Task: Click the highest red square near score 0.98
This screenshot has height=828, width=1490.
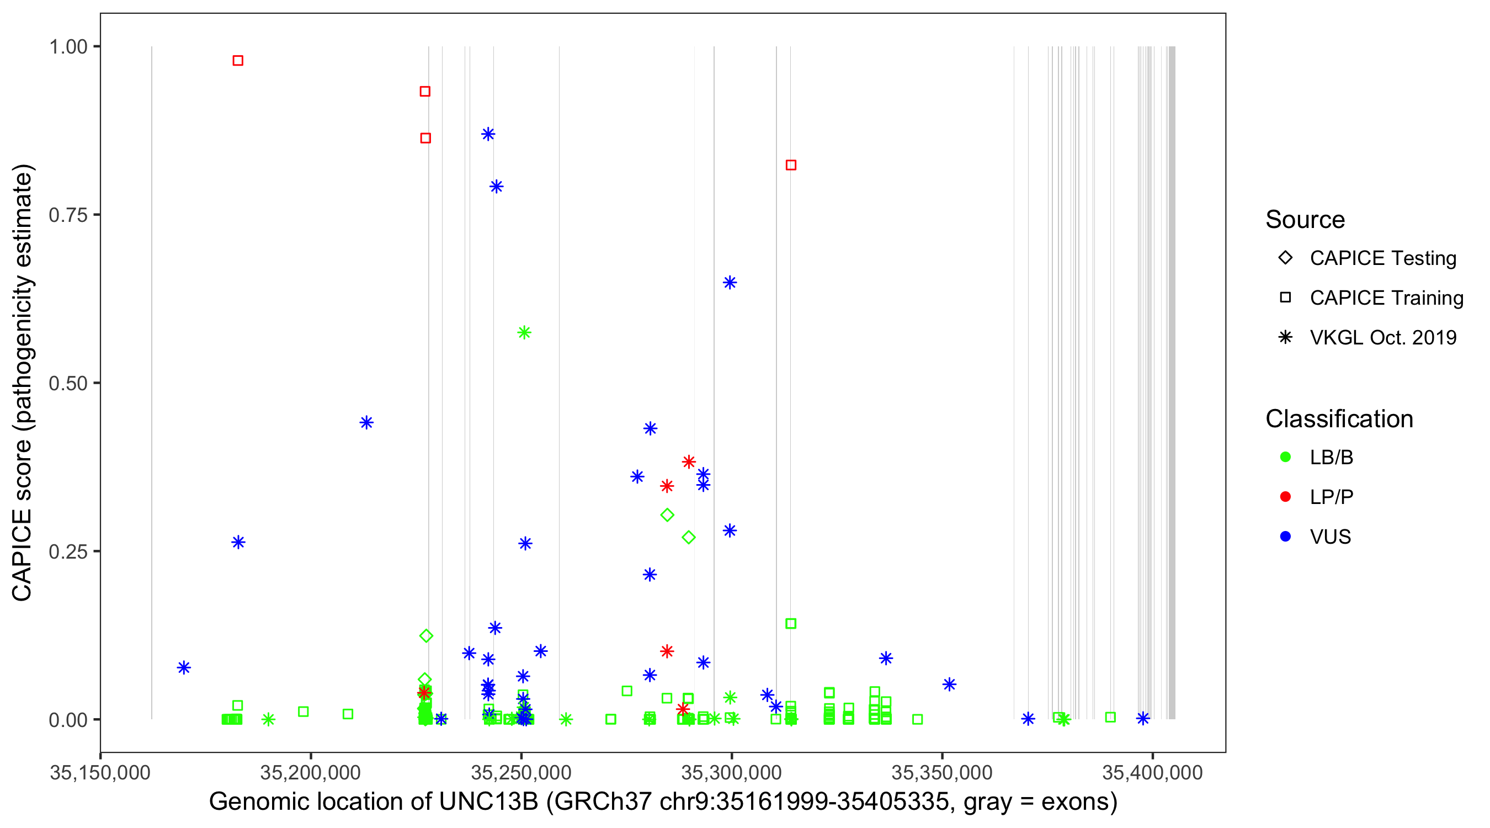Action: point(238,61)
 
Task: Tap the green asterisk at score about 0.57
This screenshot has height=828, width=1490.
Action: point(524,333)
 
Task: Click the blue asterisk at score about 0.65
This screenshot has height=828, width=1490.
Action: point(730,283)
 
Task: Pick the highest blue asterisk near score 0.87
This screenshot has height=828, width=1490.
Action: point(488,134)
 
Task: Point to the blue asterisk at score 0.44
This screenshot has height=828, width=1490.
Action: point(367,422)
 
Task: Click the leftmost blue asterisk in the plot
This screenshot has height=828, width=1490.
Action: point(184,668)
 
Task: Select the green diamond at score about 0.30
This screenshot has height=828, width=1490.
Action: point(668,515)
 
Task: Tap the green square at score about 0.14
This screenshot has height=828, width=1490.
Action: point(791,624)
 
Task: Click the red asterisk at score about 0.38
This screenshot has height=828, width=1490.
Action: point(688,461)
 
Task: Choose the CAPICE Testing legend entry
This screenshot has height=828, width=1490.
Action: point(1382,258)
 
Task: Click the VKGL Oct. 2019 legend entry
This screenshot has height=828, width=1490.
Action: point(1382,337)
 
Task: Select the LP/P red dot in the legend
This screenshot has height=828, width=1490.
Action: point(1286,497)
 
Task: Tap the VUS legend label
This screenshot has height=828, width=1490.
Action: point(1331,537)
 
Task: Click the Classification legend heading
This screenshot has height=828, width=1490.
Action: point(1339,419)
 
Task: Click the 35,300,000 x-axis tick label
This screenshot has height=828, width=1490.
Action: point(732,772)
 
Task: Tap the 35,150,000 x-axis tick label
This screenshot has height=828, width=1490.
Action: point(100,772)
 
